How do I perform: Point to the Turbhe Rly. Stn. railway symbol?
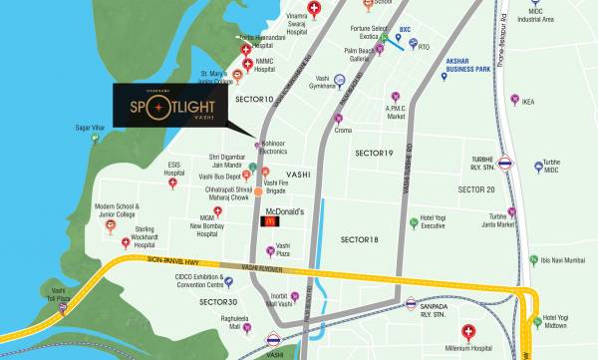click(x=506, y=162)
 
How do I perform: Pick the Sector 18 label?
click(x=360, y=239)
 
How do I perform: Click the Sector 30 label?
click(x=218, y=301)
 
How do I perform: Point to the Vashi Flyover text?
click(x=264, y=268)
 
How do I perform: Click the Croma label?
click(x=344, y=130)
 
